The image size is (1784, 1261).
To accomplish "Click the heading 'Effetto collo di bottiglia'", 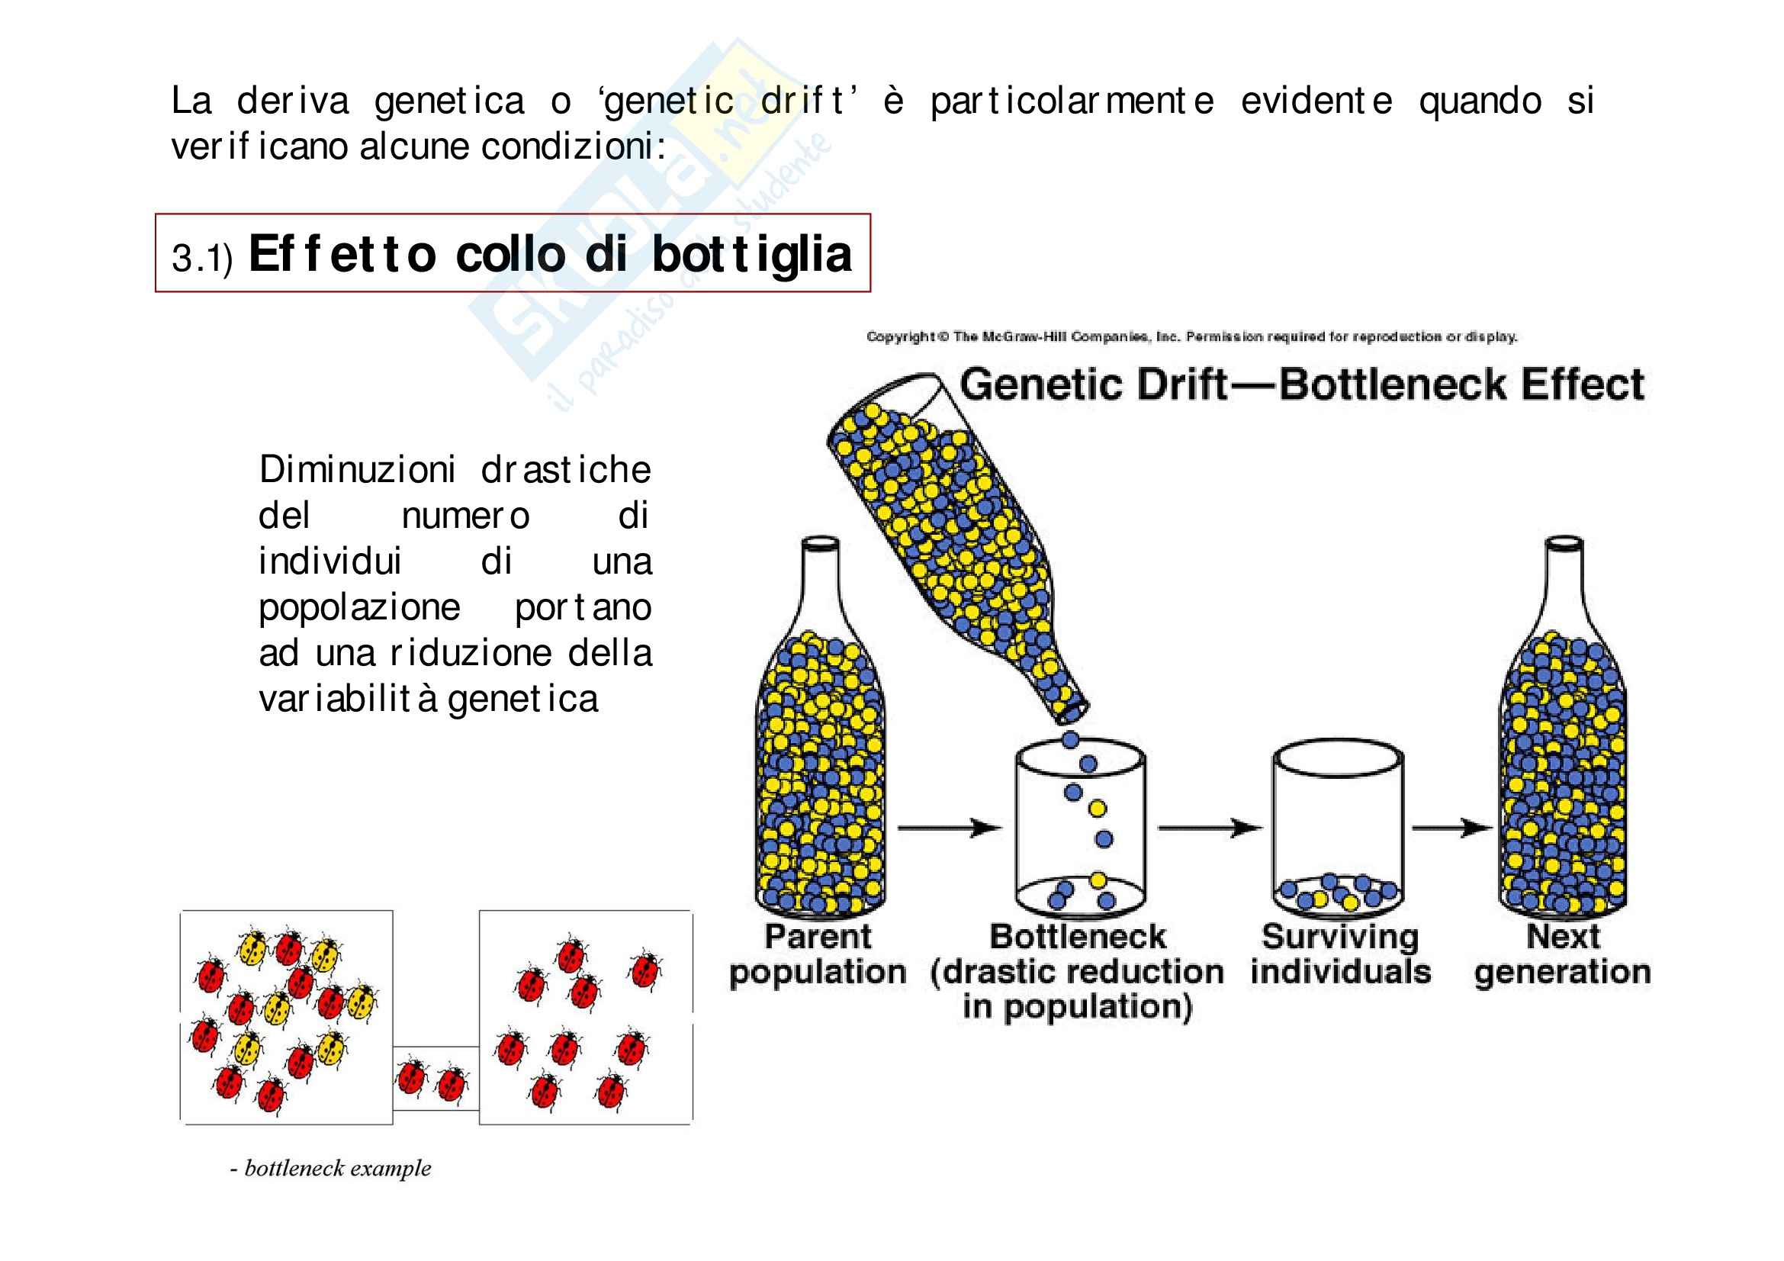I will (x=549, y=254).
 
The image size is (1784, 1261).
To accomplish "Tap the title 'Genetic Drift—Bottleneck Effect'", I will (x=1301, y=384).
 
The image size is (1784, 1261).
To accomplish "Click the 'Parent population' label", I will (x=818, y=955).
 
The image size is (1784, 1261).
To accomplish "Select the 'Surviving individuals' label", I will (x=1340, y=955).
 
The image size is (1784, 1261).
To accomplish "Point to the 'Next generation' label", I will (x=1563, y=955).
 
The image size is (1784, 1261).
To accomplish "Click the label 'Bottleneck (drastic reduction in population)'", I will (x=1077, y=971).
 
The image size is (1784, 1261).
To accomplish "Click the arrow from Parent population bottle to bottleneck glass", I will (x=949, y=828).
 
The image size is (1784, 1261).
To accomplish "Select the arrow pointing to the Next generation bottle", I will (x=1451, y=828).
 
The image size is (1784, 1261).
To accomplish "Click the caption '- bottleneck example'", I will (x=330, y=1169).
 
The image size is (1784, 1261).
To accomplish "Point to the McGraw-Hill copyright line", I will (x=1191, y=336).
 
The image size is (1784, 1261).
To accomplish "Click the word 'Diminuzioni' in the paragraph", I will (x=357, y=470).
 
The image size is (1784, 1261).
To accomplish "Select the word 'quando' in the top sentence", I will (x=1480, y=101).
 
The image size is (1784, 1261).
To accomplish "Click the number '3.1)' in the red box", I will (x=202, y=258).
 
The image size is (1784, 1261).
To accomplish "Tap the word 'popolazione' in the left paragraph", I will (x=359, y=607).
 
